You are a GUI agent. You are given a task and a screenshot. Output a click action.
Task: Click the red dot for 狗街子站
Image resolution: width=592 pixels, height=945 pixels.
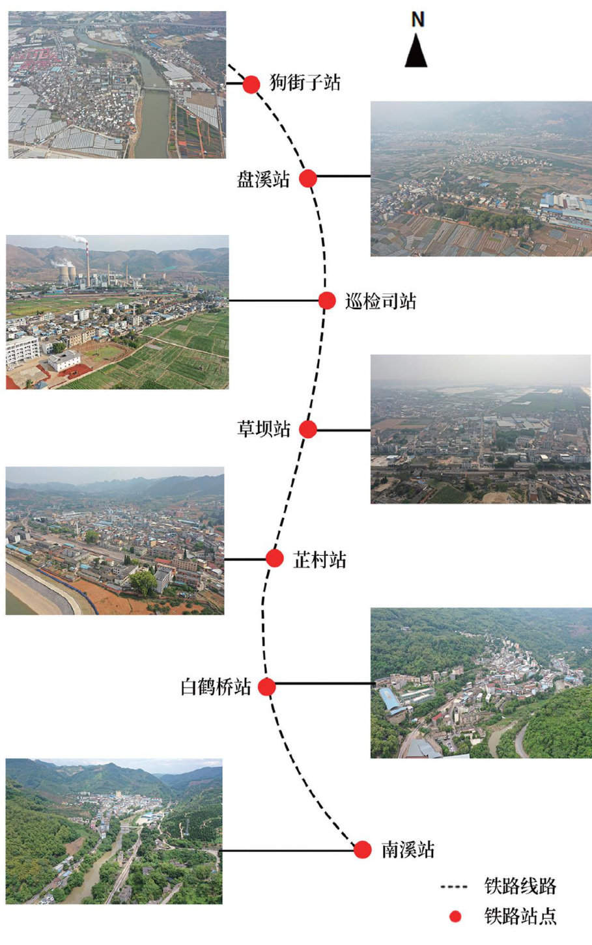tap(251, 84)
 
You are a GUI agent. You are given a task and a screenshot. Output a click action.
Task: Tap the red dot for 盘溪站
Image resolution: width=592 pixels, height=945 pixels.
tap(308, 178)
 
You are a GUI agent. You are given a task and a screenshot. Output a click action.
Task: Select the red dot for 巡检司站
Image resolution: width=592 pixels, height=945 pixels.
tap(327, 301)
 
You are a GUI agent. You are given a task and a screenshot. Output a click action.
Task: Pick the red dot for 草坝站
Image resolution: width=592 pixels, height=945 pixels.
tap(308, 430)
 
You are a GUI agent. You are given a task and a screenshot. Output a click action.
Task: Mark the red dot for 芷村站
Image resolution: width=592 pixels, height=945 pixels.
tap(275, 558)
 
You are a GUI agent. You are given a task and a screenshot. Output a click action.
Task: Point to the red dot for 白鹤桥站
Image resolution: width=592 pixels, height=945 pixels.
tap(266, 687)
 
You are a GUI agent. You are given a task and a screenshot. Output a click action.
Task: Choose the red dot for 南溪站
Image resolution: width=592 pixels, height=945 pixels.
tap(363, 849)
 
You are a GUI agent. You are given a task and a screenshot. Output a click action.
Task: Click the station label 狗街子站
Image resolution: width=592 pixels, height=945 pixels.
tap(305, 83)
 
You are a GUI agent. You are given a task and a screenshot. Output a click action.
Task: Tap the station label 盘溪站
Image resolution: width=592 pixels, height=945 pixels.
tap(263, 179)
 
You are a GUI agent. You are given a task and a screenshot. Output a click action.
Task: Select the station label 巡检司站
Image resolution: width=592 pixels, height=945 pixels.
tap(380, 301)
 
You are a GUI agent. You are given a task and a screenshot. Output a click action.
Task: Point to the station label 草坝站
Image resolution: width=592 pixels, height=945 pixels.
tap(263, 430)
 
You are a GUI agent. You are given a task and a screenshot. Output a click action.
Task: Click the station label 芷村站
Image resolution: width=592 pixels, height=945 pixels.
tap(319, 560)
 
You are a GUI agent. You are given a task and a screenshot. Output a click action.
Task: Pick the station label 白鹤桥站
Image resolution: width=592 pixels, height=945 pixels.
tap(216, 687)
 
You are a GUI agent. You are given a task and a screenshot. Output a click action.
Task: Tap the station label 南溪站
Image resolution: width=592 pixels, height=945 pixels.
tap(408, 850)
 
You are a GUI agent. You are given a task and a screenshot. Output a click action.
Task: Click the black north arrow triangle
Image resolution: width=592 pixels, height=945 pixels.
tap(416, 51)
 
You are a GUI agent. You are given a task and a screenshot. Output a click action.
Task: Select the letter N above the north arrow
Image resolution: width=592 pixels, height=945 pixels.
tap(417, 20)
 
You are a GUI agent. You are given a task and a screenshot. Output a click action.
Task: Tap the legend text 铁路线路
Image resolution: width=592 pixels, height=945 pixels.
tap(520, 886)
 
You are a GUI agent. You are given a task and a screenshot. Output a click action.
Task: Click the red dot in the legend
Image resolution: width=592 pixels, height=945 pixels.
tap(455, 916)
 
